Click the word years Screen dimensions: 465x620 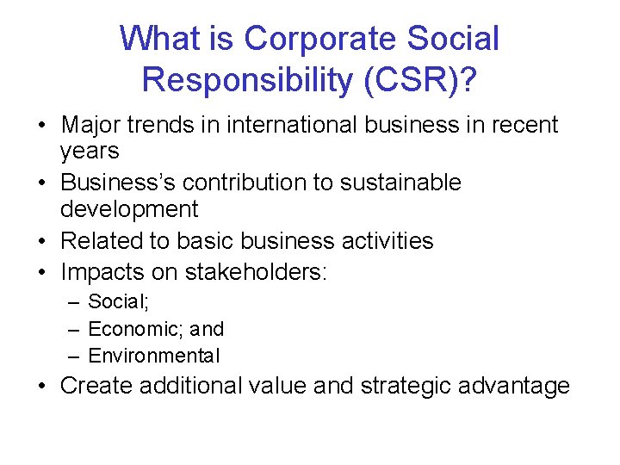90,152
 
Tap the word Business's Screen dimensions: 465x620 116,183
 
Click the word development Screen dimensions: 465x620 129,209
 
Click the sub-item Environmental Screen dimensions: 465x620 154,356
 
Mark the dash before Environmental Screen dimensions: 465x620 75,356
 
